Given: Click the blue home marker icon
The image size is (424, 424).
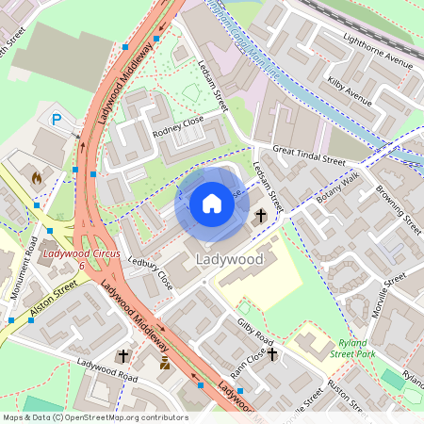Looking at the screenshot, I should point(212,204).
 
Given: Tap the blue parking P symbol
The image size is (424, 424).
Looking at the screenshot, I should point(57,120).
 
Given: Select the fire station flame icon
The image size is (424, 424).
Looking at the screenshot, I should point(37,176).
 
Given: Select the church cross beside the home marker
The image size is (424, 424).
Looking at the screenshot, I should point(261,217).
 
